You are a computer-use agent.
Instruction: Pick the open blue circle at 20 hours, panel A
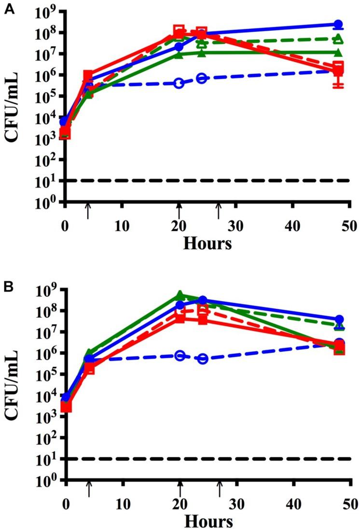(179, 84)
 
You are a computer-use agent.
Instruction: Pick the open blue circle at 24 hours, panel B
(203, 359)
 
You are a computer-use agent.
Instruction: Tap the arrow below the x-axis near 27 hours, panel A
(219, 210)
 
